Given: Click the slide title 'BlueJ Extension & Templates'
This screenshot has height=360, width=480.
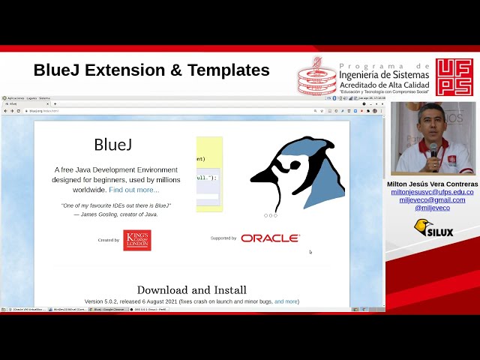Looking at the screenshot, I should [x=151, y=70].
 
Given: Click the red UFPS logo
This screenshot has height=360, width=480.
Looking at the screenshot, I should [x=454, y=76].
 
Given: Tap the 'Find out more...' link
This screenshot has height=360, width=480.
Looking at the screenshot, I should [x=134, y=190].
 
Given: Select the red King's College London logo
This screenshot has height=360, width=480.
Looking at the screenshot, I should [x=137, y=240].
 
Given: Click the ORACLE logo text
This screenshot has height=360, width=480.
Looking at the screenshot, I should [x=270, y=238].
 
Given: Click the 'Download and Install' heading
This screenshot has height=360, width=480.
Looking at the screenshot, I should [x=191, y=289].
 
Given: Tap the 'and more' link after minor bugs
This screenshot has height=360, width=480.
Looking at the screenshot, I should [x=286, y=301].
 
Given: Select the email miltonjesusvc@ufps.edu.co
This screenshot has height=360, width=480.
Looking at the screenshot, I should [x=432, y=192].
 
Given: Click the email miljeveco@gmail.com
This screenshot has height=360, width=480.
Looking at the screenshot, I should [x=432, y=200].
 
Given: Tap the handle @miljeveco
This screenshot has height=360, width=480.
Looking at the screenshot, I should [x=432, y=208].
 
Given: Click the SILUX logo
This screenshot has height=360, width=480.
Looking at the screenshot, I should [x=433, y=229].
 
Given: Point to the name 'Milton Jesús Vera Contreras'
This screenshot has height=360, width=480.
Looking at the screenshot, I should [x=432, y=184].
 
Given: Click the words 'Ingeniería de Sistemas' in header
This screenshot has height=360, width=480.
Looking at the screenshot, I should [x=384, y=73].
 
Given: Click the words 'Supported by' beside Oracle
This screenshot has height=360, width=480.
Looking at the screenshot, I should [x=223, y=238].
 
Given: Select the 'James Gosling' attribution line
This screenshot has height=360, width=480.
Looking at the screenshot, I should [x=115, y=214].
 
